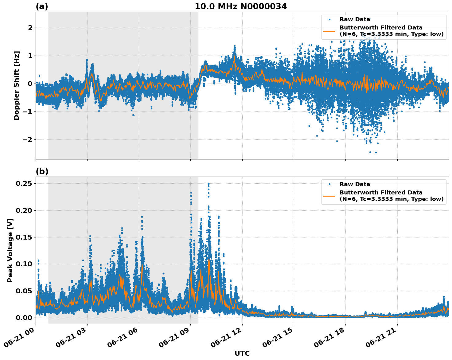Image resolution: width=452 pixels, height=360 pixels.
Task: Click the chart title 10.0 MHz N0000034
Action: click(241, 6)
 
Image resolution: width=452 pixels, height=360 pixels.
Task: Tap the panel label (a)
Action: click(42, 6)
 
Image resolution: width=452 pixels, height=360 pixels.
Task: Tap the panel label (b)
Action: click(42, 171)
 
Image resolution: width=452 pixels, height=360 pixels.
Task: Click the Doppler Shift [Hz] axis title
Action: click(17, 85)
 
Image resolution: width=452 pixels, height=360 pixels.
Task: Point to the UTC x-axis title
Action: click(242, 353)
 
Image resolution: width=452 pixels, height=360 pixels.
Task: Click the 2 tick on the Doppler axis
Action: click(30, 28)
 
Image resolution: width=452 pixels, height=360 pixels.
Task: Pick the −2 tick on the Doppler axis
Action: click(28, 140)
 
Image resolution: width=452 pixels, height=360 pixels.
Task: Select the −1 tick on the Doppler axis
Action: click(28, 112)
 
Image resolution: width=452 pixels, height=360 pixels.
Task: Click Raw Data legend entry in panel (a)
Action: click(355, 19)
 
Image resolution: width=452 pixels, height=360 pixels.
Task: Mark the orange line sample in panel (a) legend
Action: click(329, 31)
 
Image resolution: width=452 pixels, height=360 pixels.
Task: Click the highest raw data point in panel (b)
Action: click(208, 184)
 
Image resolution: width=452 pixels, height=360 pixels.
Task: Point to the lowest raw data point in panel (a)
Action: click(376, 152)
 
